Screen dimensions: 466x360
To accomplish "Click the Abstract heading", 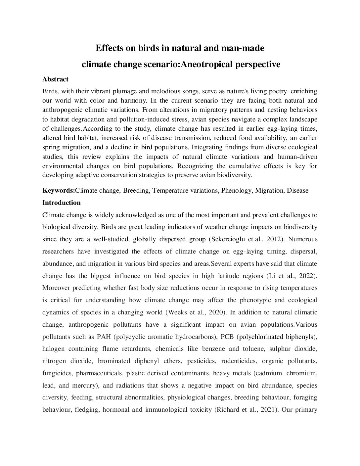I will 55,79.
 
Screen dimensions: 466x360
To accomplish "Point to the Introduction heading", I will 61,203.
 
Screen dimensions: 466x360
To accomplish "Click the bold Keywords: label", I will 59,191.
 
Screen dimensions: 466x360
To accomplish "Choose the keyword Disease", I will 297,191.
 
